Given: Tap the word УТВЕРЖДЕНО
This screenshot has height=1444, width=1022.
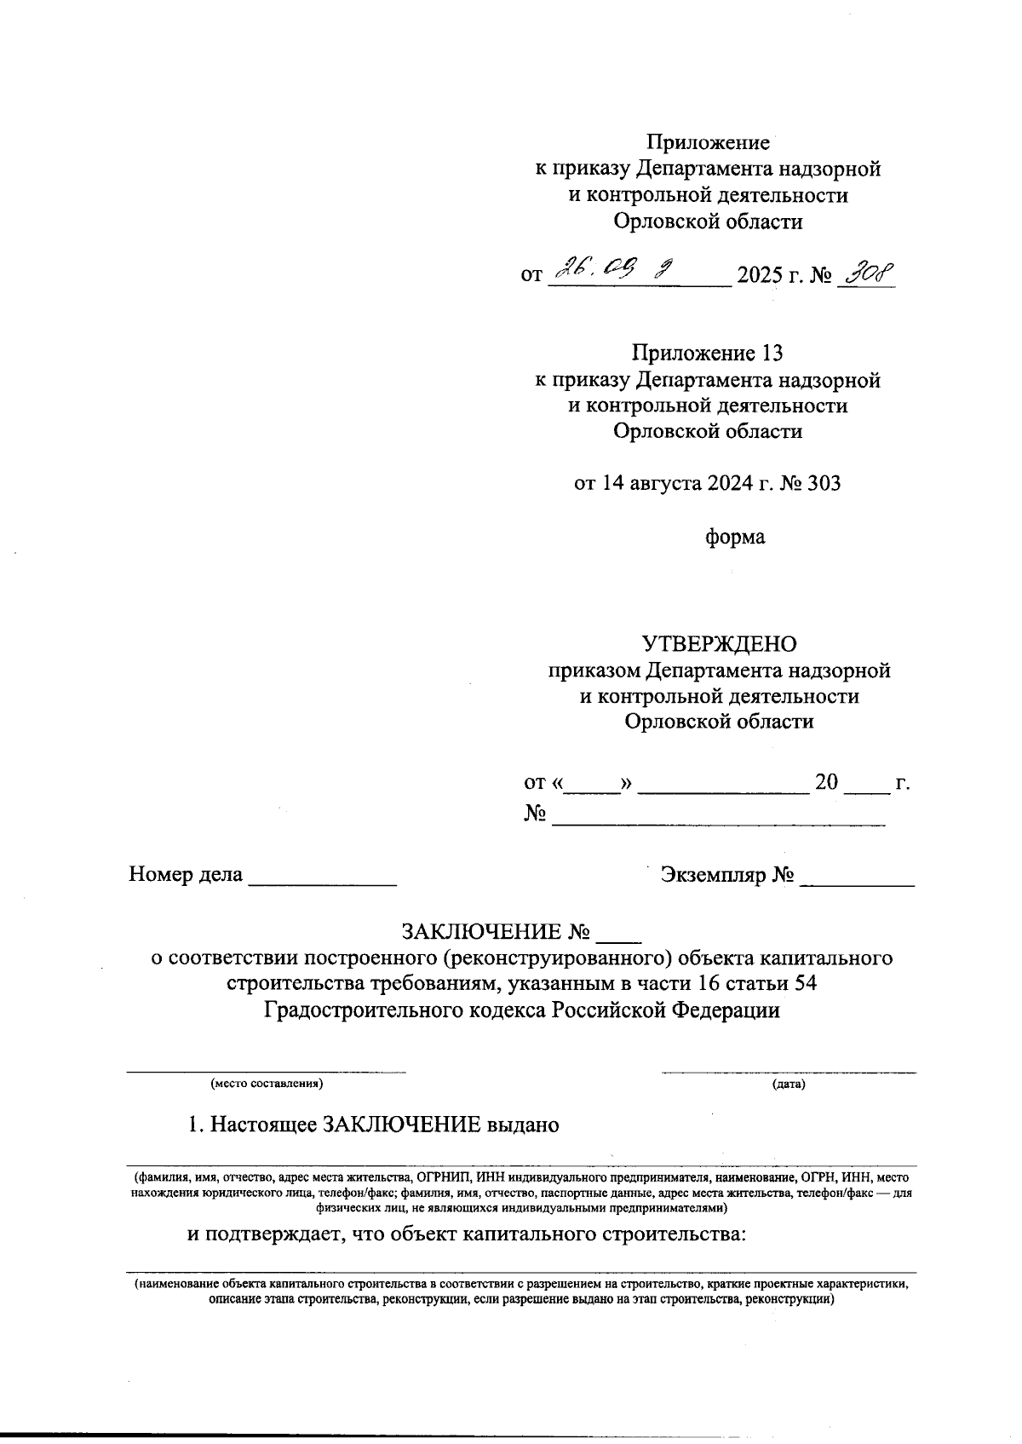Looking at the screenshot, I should pyautogui.click(x=719, y=643).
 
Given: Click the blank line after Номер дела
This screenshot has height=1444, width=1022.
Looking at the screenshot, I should pyautogui.click(x=322, y=883).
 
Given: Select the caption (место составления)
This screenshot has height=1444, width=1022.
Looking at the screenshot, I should pyautogui.click(x=267, y=1084).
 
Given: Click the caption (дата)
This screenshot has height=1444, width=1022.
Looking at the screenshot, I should pyautogui.click(x=789, y=1084).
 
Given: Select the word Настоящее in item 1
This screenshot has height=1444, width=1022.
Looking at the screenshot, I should pyautogui.click(x=262, y=1125).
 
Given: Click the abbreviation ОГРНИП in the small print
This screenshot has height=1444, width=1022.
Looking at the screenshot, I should pyautogui.click(x=445, y=1177).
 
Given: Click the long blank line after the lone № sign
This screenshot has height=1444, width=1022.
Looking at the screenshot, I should pyautogui.click(x=719, y=821).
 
